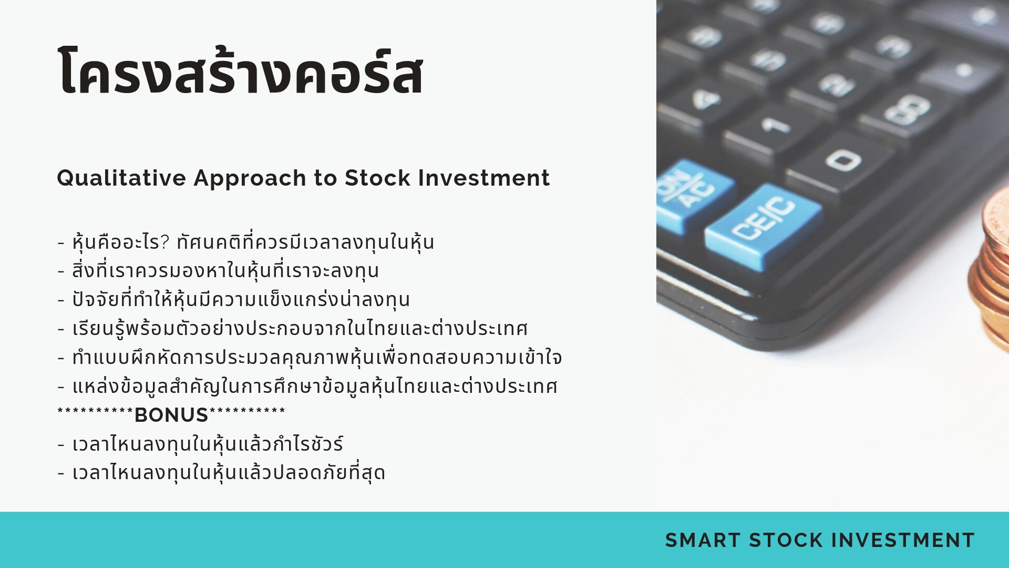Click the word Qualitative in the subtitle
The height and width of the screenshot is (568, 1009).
point(121,178)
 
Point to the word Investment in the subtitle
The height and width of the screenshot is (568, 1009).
point(484,178)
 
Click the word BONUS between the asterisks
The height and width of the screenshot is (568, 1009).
point(171,415)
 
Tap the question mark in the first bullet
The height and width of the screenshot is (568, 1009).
point(165,242)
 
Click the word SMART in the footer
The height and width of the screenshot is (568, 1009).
point(703,540)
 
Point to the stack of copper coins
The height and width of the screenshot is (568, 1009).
point(991,273)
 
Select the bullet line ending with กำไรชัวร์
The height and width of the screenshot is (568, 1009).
point(200,444)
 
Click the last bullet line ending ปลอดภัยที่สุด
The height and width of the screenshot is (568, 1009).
point(221,472)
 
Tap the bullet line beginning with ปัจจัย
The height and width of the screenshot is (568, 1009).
point(233,299)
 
